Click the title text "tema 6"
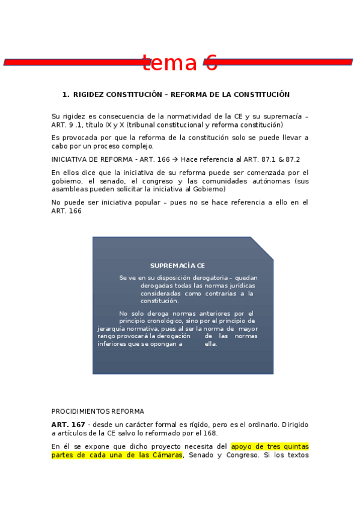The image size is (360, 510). pyautogui.click(x=180, y=63)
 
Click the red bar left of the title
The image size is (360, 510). pyautogui.click(x=72, y=62)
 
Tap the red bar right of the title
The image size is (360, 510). pyautogui.click(x=282, y=62)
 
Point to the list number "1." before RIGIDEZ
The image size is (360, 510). pyautogui.click(x=66, y=94)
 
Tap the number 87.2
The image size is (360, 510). pyautogui.click(x=291, y=159)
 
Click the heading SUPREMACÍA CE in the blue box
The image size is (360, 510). pyautogui.click(x=177, y=265)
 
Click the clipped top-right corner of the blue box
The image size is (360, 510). pyautogui.click(x=262, y=248)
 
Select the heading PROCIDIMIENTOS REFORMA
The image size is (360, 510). pyautogui.click(x=97, y=411)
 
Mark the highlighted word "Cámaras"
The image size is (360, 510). pyautogui.click(x=166, y=455)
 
